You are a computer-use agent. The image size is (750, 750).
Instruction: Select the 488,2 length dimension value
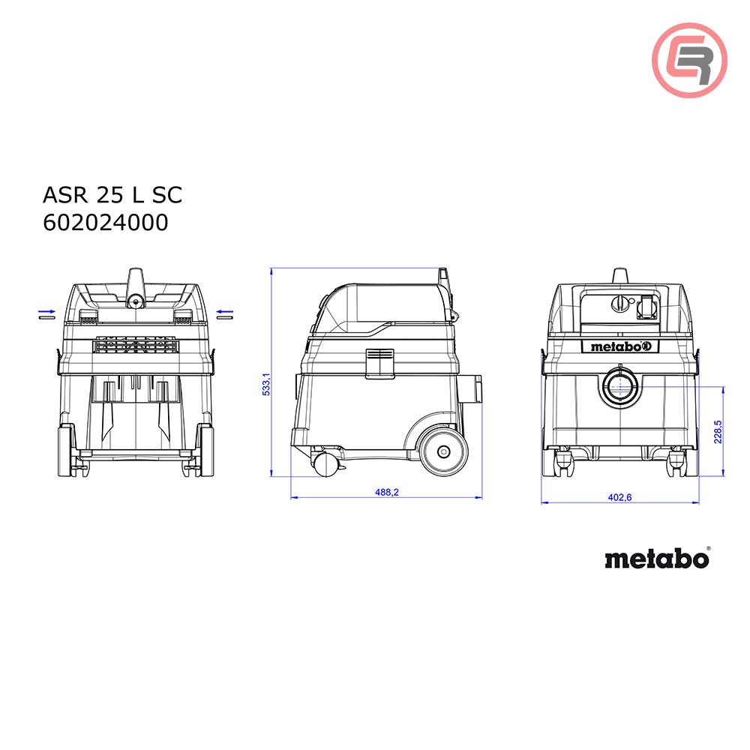click(385, 492)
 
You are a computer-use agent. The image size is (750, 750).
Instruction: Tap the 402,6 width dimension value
click(619, 498)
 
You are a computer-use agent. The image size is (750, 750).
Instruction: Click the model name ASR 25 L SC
click(112, 195)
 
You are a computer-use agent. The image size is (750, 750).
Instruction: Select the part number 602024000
click(105, 223)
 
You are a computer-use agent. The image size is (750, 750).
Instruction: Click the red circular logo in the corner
click(689, 60)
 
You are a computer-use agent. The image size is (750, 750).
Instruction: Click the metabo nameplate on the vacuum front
click(619, 346)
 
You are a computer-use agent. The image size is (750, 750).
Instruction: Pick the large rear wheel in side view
click(442, 451)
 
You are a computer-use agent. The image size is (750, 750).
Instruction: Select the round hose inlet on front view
click(619, 385)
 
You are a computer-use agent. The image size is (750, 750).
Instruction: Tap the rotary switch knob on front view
click(619, 304)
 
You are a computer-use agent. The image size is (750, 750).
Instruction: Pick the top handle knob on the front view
click(619, 275)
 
